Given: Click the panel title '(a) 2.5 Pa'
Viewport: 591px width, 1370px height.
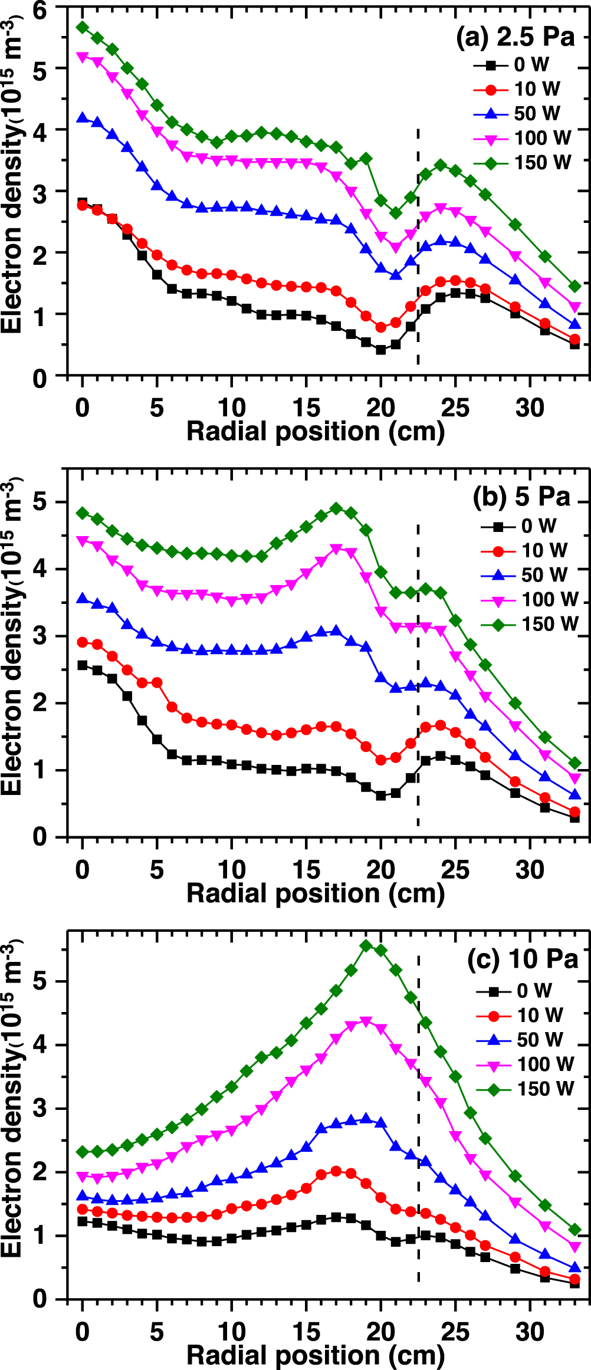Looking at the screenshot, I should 514,37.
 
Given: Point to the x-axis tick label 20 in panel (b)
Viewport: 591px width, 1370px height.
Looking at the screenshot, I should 380,870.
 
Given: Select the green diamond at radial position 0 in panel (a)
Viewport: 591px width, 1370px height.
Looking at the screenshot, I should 83,27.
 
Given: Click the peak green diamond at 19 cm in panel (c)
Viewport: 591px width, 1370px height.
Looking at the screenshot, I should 366,945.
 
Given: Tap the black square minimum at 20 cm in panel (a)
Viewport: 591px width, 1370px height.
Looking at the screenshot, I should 380,350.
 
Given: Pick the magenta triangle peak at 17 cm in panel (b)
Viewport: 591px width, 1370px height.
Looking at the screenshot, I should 336,549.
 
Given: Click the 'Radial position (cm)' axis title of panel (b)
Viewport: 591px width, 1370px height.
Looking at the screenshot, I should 315,893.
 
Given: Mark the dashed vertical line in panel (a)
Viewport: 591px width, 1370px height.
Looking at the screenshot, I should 418,248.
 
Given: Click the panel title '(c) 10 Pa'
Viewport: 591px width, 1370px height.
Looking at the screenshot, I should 522,959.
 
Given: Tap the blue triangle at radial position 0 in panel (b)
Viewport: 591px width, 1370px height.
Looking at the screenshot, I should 83,599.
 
